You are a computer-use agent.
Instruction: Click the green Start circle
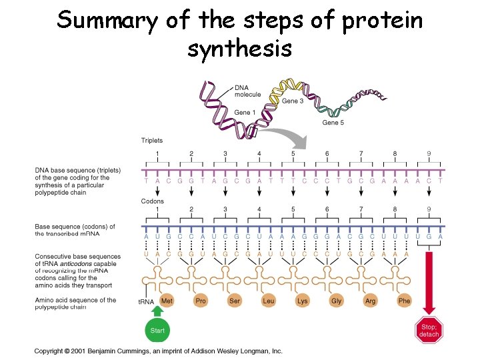click(157, 330)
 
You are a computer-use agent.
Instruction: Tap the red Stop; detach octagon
click(429, 330)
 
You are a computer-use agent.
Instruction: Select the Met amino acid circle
click(167, 301)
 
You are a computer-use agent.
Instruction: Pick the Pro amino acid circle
click(201, 301)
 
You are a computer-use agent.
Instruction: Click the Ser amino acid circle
click(235, 301)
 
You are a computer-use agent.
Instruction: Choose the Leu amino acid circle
click(269, 301)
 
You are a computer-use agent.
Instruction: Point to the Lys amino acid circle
click(303, 301)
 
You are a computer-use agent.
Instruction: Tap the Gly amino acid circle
click(337, 301)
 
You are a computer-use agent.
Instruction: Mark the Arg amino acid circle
click(370, 301)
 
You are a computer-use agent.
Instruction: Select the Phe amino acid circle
click(404, 301)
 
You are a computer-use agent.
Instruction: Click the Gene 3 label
click(293, 101)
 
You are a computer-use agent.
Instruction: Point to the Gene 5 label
click(334, 123)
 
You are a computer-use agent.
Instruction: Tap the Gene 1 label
click(245, 113)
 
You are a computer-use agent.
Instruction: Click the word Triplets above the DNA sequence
click(152, 141)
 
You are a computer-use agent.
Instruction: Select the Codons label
click(152, 201)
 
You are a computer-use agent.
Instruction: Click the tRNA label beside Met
click(146, 302)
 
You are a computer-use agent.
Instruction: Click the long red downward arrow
click(429, 280)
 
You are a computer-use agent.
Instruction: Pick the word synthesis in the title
click(239, 48)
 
